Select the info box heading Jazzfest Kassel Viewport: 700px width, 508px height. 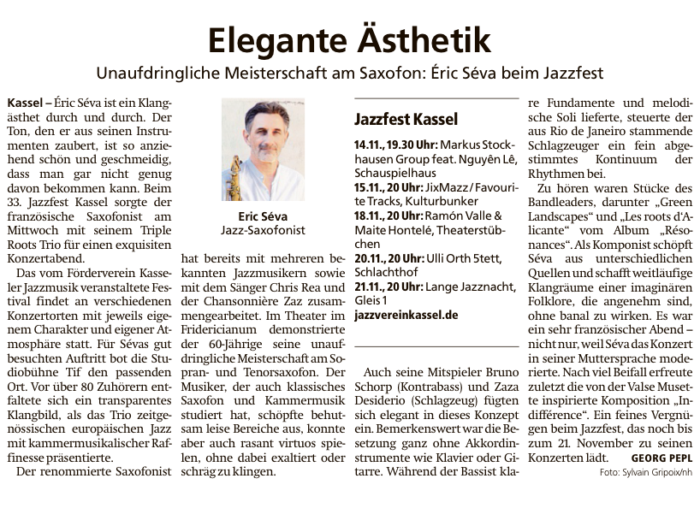406,119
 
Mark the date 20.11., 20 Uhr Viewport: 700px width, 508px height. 385,258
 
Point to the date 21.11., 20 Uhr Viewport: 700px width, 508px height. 385,286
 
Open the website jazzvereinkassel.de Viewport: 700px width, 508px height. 406,315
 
